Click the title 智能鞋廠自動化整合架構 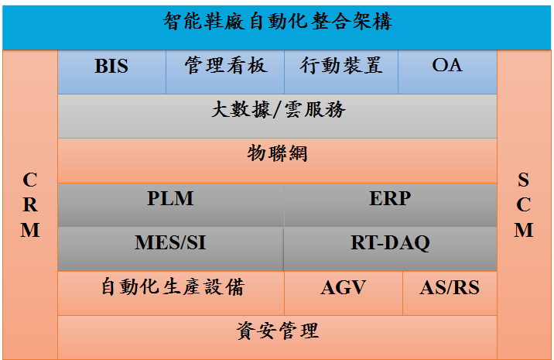point(278,21)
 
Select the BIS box point(112,72)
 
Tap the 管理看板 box point(225,72)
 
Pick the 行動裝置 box point(341,72)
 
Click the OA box point(447,72)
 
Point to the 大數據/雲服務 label point(279,109)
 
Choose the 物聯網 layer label point(277,153)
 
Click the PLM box point(171,204)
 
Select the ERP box point(391,204)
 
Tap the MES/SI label point(170,242)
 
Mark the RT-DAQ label point(390,243)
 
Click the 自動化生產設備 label point(173,286)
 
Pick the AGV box point(344,293)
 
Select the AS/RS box point(450,293)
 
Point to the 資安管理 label point(278,331)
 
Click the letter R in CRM point(30,205)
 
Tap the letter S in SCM point(524,180)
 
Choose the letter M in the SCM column point(524,230)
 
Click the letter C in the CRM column point(30,180)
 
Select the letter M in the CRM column point(30,230)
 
